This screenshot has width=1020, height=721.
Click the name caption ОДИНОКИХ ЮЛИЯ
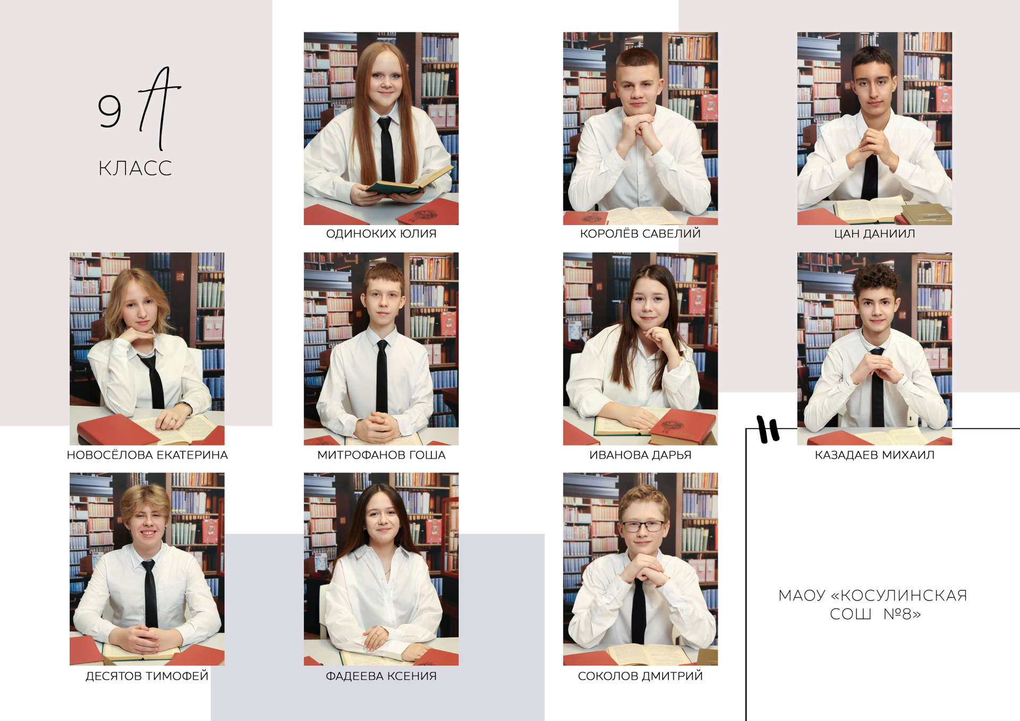click(x=381, y=234)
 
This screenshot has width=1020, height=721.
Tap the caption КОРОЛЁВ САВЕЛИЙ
click(x=640, y=234)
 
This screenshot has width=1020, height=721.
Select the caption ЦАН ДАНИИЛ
click(x=874, y=234)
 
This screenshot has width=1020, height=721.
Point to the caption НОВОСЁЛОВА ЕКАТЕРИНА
click(x=147, y=455)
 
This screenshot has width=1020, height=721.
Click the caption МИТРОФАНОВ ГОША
click(x=381, y=455)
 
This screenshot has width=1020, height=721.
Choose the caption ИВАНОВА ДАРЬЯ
click(x=640, y=455)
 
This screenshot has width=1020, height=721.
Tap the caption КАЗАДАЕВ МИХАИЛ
click(x=874, y=455)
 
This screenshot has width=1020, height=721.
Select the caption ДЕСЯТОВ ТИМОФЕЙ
click(x=147, y=676)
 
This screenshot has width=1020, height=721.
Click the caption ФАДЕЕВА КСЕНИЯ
click(x=381, y=676)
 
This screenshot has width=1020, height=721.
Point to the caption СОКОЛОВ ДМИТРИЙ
click(x=640, y=676)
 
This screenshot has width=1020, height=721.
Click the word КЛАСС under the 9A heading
click(x=135, y=168)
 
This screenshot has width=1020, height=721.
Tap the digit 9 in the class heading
click(x=109, y=111)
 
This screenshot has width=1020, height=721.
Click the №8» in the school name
click(x=902, y=614)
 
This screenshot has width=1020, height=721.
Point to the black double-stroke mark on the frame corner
click(x=768, y=429)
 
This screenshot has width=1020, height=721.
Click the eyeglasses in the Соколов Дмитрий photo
click(x=643, y=526)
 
